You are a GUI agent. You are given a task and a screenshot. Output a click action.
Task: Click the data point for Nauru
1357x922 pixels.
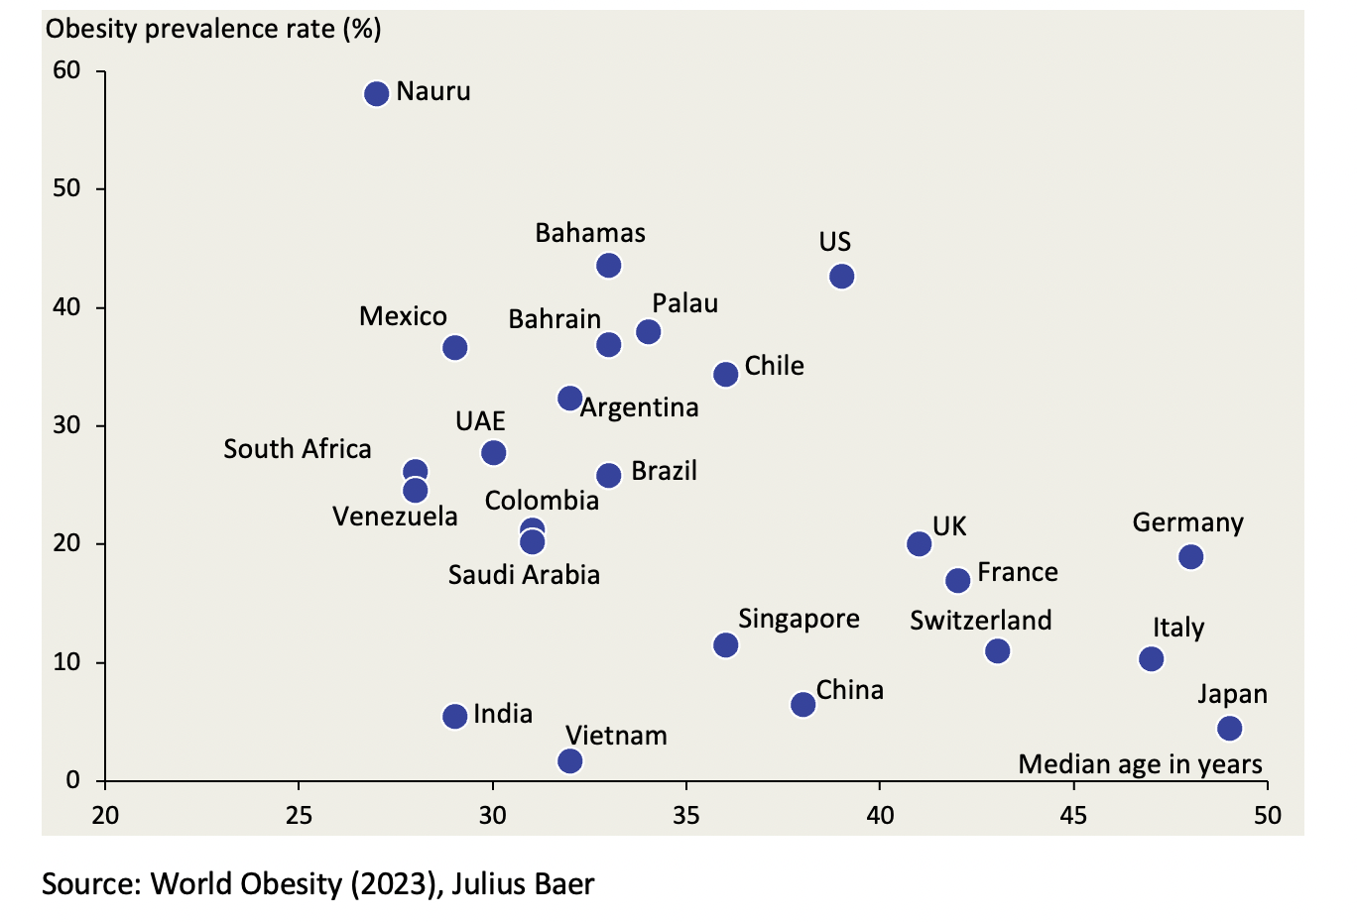(376, 94)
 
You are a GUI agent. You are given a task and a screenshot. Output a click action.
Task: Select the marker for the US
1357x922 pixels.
(841, 276)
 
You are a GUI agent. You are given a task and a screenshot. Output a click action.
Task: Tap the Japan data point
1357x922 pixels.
(1229, 729)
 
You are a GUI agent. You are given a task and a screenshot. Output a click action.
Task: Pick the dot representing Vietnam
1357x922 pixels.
(570, 761)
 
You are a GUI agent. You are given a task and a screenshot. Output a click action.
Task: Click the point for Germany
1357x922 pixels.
(1190, 557)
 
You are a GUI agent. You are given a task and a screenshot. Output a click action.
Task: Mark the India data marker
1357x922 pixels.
(454, 716)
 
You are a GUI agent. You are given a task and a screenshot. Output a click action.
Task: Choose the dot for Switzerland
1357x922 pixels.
(997, 651)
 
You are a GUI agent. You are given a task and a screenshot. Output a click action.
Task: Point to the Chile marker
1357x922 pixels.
(725, 374)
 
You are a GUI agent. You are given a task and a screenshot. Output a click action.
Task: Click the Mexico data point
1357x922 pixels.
(454, 348)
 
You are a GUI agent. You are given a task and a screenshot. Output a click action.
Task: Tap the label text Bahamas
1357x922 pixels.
(590, 233)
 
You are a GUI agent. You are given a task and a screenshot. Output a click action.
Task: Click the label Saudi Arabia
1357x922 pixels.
(524, 575)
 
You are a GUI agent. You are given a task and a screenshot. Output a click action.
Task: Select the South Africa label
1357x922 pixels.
(297, 449)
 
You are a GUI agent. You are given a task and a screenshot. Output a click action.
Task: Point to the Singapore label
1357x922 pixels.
(799, 619)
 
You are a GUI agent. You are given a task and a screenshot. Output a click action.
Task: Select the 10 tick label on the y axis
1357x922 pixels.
(66, 661)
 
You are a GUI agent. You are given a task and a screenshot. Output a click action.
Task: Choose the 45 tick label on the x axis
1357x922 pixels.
(1073, 815)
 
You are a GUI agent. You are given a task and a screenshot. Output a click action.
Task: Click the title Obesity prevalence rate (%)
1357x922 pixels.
(213, 29)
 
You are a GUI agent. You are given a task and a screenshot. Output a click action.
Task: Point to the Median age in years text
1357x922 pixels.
(1140, 764)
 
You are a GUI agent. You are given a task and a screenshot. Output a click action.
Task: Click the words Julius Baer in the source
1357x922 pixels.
(523, 883)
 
